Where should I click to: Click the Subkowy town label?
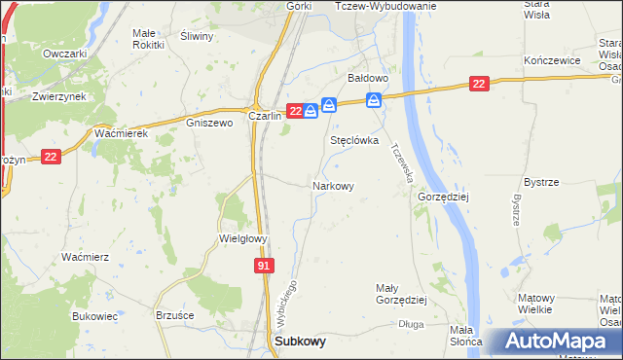[x=301, y=342]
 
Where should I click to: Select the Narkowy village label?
[x=333, y=185]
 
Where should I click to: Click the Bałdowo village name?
[x=369, y=77]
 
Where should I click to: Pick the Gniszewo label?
[x=209, y=124]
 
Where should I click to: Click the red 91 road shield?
[x=265, y=266]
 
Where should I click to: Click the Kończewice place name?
[x=552, y=60]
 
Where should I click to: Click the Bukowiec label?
[x=94, y=316]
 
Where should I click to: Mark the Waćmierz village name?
[x=85, y=257]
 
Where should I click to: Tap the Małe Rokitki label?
[x=148, y=38]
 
